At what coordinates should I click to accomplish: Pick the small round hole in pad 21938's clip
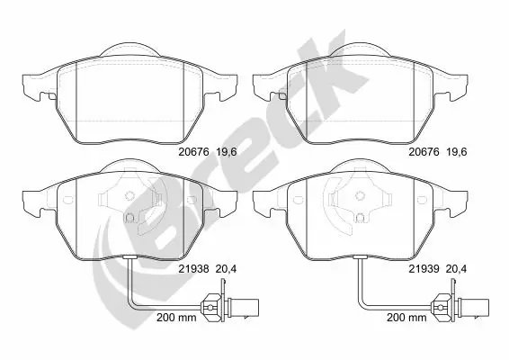(130, 216)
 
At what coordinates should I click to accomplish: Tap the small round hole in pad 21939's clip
(361, 216)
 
